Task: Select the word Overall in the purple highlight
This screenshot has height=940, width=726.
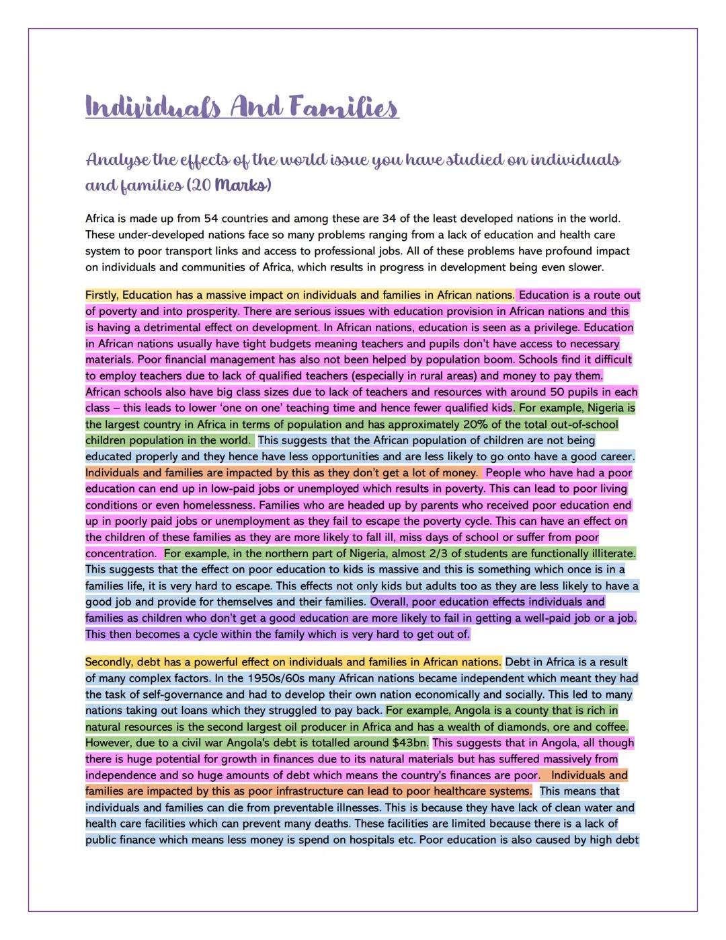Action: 389,602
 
